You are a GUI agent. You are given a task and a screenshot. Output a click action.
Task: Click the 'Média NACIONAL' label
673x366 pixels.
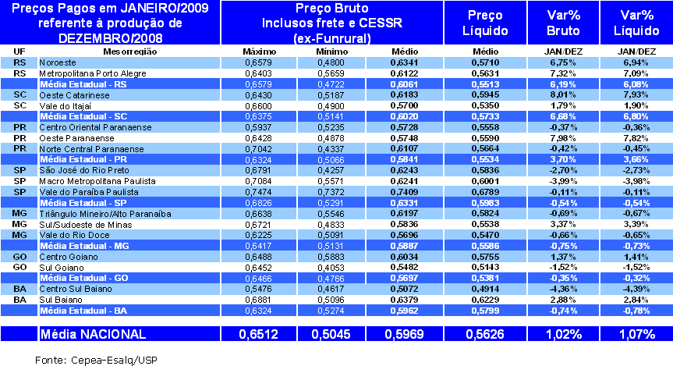93,334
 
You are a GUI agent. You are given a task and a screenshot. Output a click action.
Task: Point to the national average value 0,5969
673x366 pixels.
403,334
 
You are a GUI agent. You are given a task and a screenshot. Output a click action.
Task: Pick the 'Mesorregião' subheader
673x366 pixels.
130,51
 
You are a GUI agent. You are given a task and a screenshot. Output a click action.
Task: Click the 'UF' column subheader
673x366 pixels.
19,51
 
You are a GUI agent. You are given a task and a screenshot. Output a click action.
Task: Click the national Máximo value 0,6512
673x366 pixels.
256,334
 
